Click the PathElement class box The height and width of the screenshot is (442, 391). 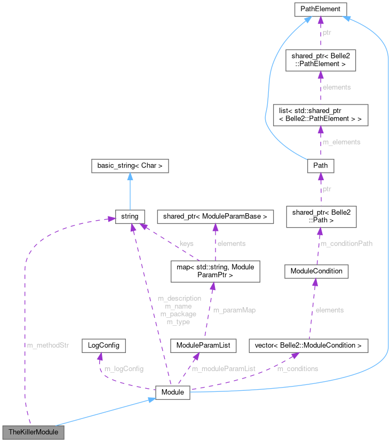coord(320,9)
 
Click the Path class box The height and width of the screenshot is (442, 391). coord(320,165)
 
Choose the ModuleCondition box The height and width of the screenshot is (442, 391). coord(316,271)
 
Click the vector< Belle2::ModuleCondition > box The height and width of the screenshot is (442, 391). coord(308,345)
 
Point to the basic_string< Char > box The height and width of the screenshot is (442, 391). coord(130,166)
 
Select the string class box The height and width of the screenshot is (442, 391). coord(130,216)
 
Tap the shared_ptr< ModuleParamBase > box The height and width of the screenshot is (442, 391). coord(214,216)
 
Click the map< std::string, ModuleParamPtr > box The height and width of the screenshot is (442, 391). coord(214,271)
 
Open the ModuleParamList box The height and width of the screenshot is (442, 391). coord(203,345)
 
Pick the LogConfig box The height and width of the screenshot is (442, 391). coord(103,345)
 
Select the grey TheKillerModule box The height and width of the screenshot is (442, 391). coord(33,431)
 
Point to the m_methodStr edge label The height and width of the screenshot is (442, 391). coord(48,345)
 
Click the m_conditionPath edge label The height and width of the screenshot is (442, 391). coord(346,244)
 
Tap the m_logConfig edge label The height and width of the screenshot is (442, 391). coord(124,368)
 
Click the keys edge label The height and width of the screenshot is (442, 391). coord(187,243)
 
